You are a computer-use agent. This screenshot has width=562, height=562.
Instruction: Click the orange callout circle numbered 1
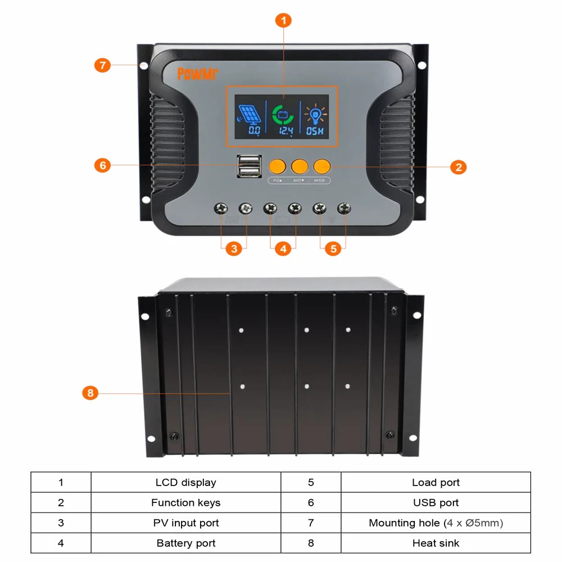click(x=283, y=21)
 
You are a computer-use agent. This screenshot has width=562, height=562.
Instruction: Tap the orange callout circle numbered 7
click(x=102, y=65)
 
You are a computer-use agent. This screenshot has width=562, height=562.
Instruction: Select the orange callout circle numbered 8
click(x=90, y=393)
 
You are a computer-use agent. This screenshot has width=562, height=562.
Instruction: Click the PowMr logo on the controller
click(x=197, y=74)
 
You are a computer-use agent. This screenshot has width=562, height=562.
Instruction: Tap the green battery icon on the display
click(x=283, y=115)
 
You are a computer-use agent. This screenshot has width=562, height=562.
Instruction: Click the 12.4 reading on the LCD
click(x=286, y=131)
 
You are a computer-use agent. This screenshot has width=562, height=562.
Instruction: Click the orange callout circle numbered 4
click(x=283, y=248)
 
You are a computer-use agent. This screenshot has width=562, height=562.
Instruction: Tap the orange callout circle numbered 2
click(x=459, y=167)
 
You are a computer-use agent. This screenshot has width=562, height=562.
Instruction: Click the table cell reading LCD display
click(x=185, y=482)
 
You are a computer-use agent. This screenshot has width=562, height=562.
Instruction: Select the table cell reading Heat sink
click(x=436, y=543)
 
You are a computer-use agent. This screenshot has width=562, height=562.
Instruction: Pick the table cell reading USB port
click(x=436, y=502)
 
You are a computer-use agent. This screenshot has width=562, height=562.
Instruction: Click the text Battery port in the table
click(x=185, y=543)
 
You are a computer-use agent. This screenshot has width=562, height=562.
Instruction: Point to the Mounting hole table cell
click(x=436, y=523)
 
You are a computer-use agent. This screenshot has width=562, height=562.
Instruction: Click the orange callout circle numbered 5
click(x=333, y=248)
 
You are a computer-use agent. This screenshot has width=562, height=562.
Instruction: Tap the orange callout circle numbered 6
click(x=102, y=165)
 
